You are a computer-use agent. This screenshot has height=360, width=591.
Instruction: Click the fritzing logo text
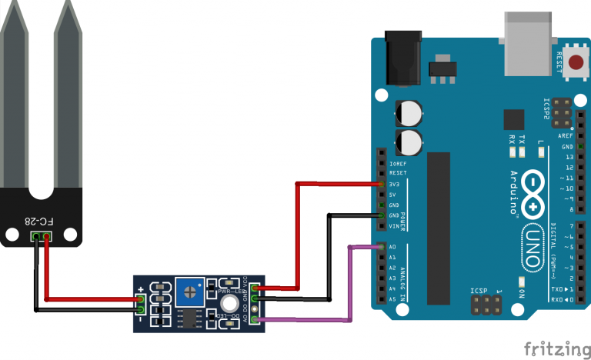553,348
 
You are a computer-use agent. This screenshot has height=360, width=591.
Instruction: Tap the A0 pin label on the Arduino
392,247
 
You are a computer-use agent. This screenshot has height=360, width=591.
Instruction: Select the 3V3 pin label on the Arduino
394,185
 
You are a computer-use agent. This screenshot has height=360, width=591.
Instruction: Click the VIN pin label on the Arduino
393,226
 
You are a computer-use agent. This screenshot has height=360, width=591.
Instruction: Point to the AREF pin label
566,135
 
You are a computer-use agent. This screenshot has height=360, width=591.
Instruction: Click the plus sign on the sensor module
140,291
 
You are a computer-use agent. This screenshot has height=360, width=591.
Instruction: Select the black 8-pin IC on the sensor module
187,317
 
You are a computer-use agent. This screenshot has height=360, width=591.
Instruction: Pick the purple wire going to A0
349,281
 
